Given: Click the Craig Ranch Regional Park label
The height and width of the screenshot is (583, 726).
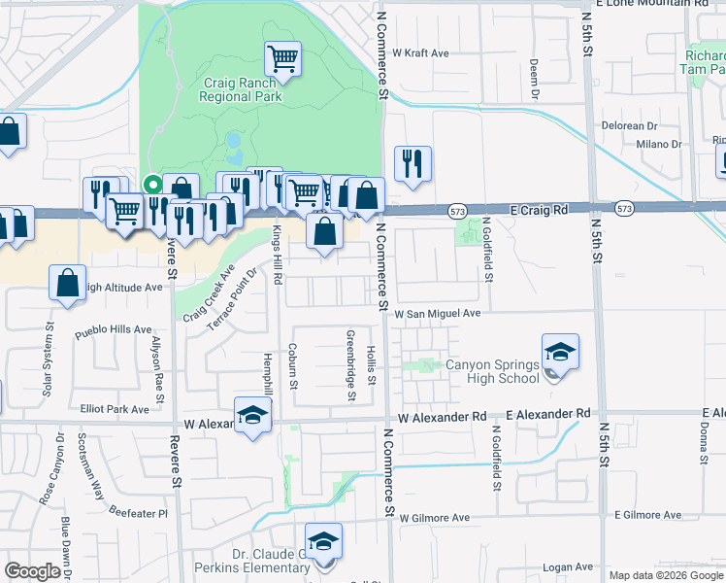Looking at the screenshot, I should pos(241,90).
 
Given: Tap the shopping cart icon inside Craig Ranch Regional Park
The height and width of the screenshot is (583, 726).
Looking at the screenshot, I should pos(282,58).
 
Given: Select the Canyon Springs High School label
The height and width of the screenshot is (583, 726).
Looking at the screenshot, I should pos(491,371).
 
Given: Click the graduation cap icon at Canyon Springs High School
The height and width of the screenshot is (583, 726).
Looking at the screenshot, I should pos(560,352).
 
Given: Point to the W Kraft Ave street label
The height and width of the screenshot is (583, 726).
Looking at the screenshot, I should pos(420,52).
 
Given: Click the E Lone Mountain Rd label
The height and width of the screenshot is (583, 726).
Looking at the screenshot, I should pos(649,4).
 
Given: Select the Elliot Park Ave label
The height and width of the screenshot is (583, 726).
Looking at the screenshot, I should pos(115,409).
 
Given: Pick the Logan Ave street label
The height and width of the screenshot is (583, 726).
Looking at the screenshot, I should pos(568,566).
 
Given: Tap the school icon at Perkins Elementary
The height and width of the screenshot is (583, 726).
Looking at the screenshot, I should pos(323,541).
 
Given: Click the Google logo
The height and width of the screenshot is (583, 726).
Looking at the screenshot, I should pos(32,571).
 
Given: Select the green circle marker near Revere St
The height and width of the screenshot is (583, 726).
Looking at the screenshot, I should pos(151,183).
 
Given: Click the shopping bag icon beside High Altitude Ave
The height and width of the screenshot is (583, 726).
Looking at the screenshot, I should pos(67,283).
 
